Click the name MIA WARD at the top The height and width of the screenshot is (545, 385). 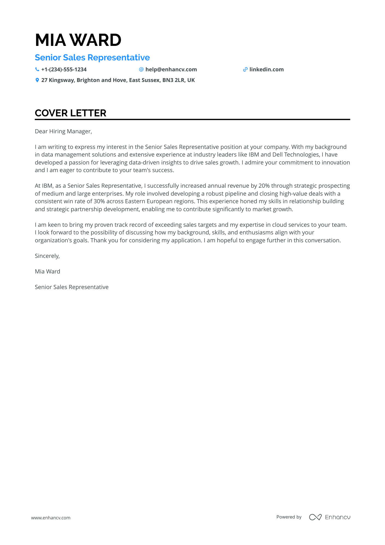click(78, 40)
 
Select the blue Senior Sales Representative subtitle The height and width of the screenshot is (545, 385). click(92, 58)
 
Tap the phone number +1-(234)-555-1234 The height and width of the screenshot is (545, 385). click(64, 70)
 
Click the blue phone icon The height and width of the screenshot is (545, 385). click(37, 70)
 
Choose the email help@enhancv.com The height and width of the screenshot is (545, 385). click(171, 70)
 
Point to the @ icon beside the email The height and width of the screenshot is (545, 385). click(141, 70)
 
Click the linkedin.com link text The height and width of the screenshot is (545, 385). click(266, 70)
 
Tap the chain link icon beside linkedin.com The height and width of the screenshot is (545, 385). click(245, 70)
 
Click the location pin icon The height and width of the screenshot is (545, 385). click(37, 80)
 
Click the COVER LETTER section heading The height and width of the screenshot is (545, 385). click(70, 113)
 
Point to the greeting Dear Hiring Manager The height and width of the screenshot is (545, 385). click(63, 131)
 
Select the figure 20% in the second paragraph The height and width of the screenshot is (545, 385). click(264, 186)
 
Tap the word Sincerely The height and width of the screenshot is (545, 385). click(47, 256)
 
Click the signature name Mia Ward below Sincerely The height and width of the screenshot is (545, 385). click(48, 272)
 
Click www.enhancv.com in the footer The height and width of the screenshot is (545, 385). click(51, 518)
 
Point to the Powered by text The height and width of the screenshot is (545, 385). click(289, 517)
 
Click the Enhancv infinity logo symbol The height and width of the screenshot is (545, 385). click(315, 517)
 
